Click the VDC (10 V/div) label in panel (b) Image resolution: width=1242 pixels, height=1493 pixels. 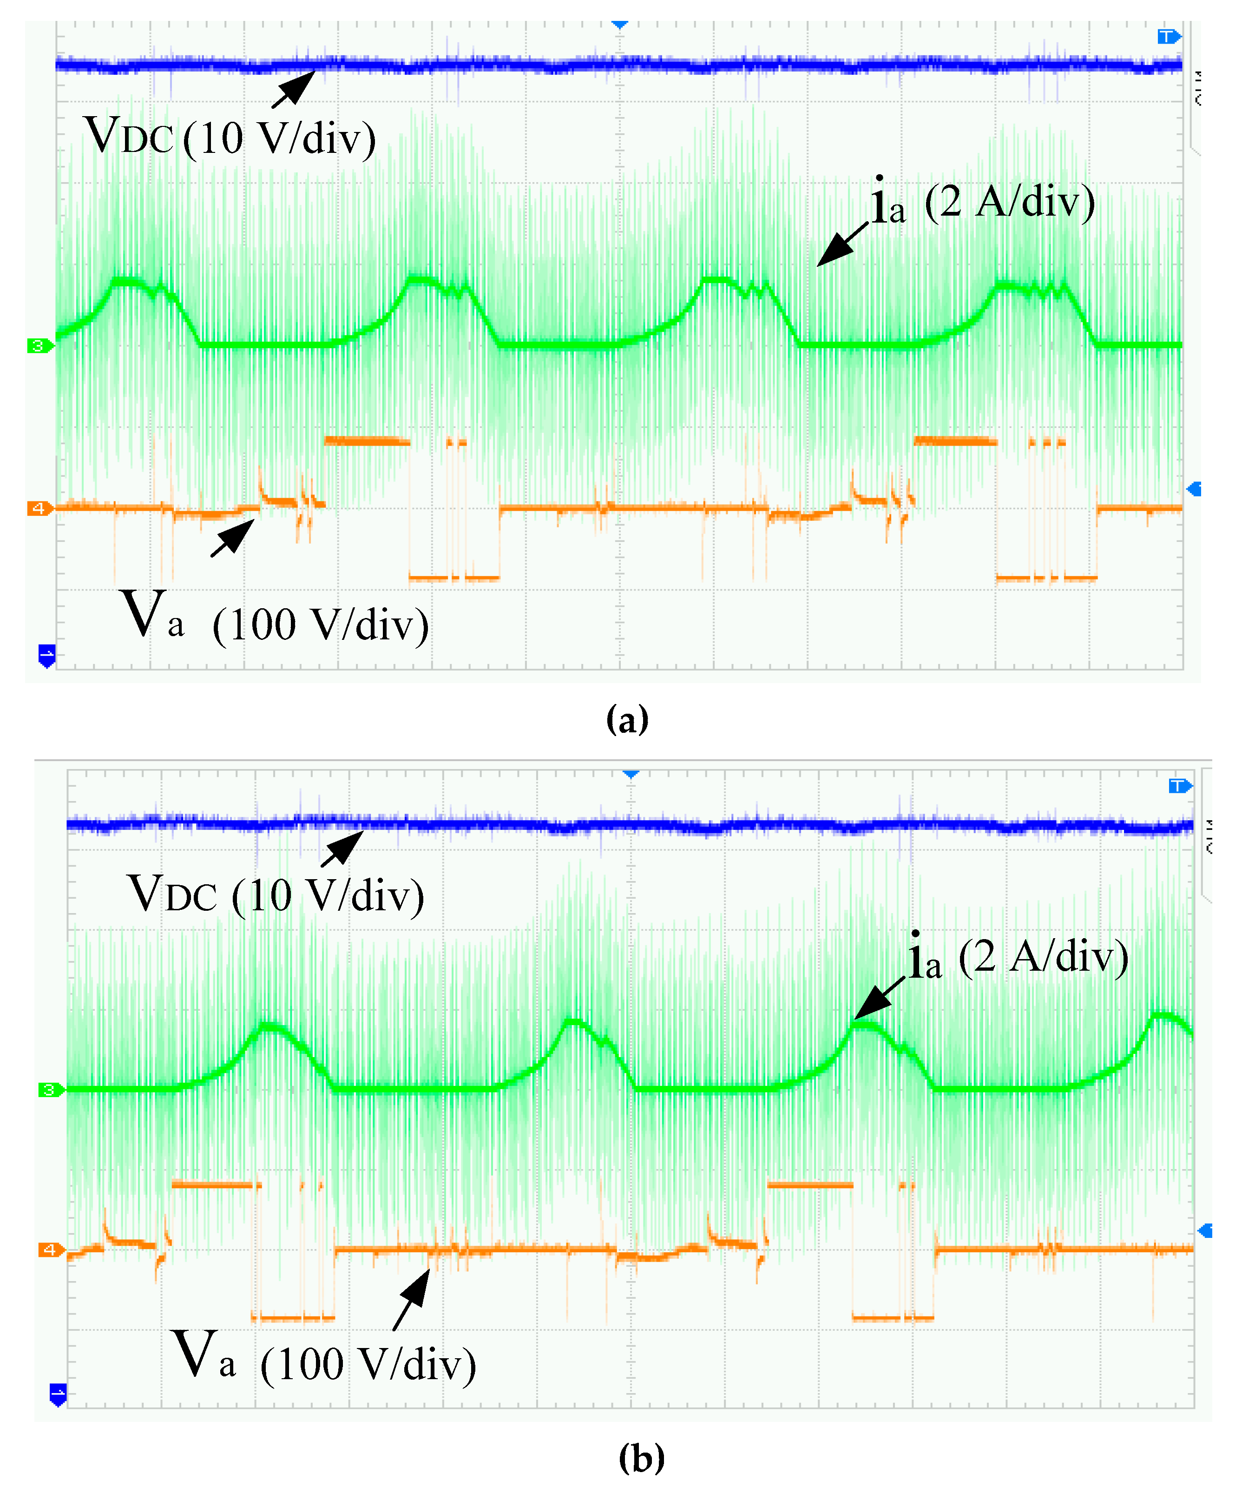276,894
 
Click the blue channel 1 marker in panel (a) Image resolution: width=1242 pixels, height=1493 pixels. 46,655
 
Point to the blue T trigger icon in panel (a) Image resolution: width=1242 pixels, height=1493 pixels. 1167,36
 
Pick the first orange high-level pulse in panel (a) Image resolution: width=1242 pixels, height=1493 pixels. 367,441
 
